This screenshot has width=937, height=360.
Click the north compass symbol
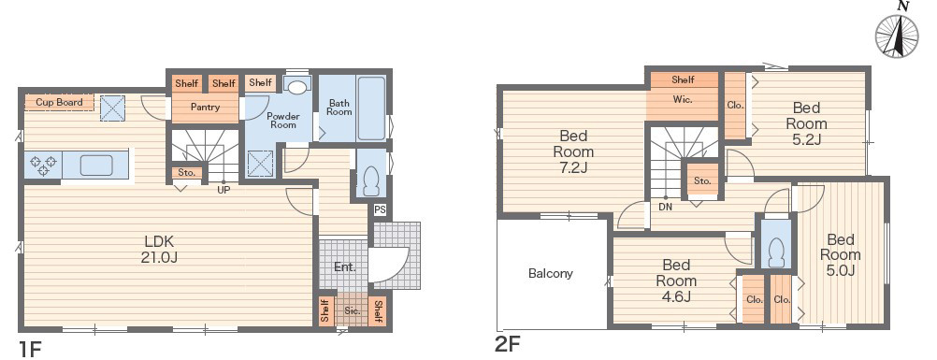(897, 34)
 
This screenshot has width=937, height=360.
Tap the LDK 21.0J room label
(159, 250)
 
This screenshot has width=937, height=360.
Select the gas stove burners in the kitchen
(43, 165)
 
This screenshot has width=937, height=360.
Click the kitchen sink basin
(96, 165)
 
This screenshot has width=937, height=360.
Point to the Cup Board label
(59, 102)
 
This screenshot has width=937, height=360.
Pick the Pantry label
(205, 108)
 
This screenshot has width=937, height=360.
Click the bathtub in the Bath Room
(370, 108)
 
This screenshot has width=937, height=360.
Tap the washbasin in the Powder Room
(296, 87)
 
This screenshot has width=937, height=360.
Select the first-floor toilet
(371, 180)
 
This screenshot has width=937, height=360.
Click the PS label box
(380, 210)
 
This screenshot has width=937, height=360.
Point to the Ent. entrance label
(345, 267)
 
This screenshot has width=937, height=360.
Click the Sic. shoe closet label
(352, 311)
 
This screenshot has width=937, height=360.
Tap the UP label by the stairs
(223, 190)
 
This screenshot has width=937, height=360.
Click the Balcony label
(551, 273)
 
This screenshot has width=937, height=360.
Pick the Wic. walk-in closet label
(683, 100)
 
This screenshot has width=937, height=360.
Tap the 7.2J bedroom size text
(573, 166)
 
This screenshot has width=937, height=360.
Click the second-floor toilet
(775, 252)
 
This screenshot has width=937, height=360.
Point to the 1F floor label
(29, 348)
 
